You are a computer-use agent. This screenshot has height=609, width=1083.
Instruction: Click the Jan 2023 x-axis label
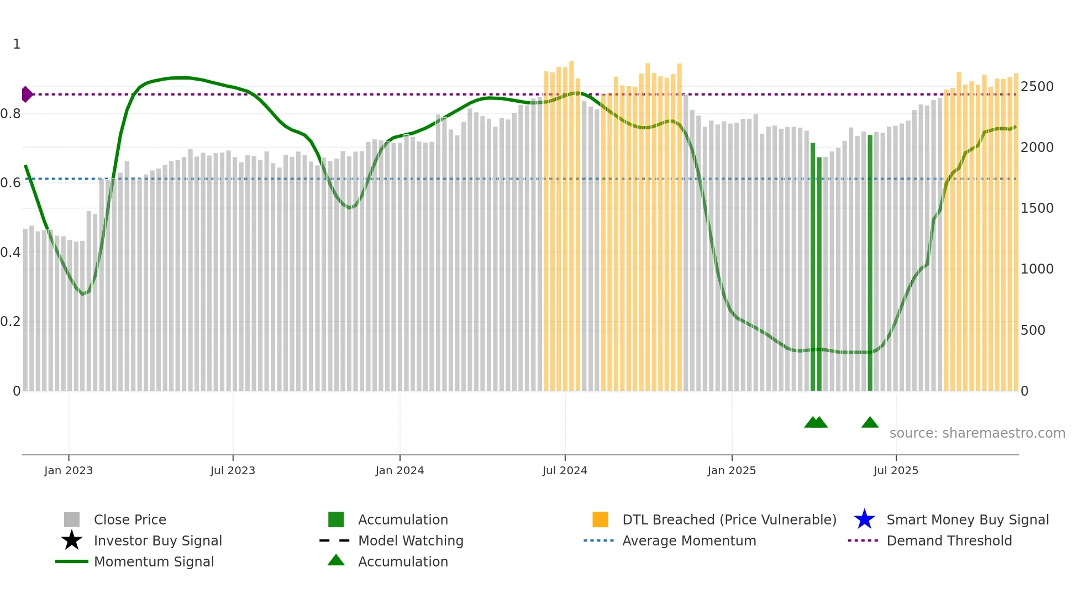click(69, 471)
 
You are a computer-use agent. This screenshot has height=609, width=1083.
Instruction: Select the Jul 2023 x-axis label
click(233, 471)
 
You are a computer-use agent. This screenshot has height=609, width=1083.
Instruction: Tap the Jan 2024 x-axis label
click(399, 471)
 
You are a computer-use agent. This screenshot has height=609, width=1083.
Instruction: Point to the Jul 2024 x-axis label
click(565, 471)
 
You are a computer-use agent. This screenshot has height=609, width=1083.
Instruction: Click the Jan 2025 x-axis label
click(732, 471)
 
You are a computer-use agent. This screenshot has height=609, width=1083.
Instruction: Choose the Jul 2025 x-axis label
click(896, 471)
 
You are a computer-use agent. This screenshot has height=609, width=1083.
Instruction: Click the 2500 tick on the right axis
click(1037, 87)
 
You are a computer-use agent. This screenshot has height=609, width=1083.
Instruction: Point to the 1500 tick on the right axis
click(1037, 208)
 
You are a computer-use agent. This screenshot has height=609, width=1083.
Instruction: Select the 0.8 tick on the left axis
click(10, 114)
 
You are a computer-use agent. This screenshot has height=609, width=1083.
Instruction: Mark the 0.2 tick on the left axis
click(10, 322)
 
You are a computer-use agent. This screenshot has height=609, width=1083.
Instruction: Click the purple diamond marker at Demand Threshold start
click(27, 95)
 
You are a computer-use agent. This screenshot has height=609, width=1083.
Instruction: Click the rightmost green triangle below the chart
click(870, 423)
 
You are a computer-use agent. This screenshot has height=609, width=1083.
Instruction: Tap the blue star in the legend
click(864, 519)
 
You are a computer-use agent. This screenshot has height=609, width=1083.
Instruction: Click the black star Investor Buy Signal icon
click(72, 540)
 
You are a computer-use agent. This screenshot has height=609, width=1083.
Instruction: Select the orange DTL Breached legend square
click(600, 519)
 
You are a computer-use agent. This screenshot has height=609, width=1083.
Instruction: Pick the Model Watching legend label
click(411, 541)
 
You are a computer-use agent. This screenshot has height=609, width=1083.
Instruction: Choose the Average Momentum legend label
click(689, 541)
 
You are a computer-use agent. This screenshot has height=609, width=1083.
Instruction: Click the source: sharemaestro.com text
click(977, 433)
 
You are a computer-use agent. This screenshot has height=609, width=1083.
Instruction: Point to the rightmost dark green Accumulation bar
click(870, 262)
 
